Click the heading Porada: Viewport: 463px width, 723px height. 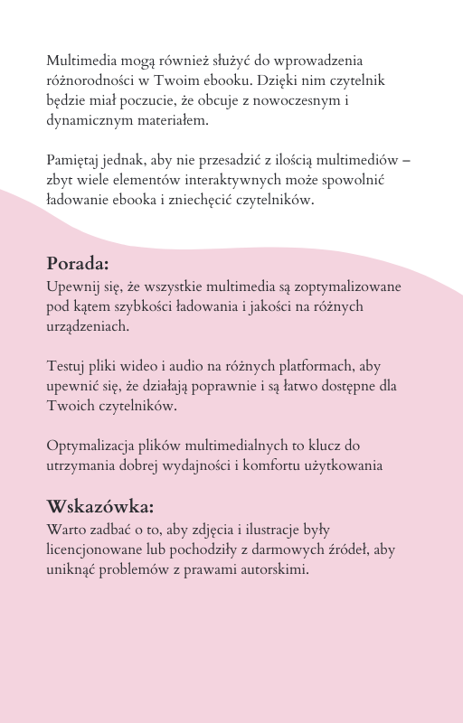[78, 264]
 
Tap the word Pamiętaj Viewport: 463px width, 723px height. [73, 160]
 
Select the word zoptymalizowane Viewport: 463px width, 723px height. [345, 286]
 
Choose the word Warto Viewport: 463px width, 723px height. [64, 530]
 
